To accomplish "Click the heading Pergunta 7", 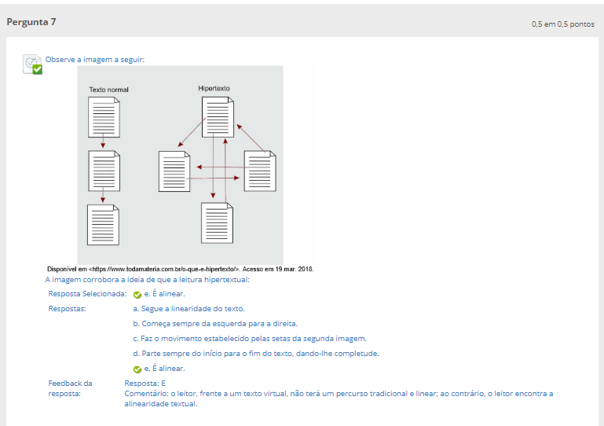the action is pyautogui.click(x=31, y=22).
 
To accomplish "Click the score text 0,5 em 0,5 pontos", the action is pyautogui.click(x=563, y=24).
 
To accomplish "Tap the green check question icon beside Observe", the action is pyautogui.click(x=32, y=64).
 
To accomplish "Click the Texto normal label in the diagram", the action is pyautogui.click(x=108, y=90).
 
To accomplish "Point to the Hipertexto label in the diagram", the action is pyautogui.click(x=214, y=88).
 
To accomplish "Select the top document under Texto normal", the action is pyautogui.click(x=104, y=117).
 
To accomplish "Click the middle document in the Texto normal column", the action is pyautogui.click(x=104, y=171).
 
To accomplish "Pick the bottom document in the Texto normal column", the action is pyautogui.click(x=103, y=225).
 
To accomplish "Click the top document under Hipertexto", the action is pyautogui.click(x=218, y=117).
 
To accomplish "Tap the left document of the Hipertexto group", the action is pyautogui.click(x=174, y=171).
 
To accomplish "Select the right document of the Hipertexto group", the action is pyautogui.click(x=260, y=171).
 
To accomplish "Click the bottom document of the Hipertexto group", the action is pyautogui.click(x=218, y=223).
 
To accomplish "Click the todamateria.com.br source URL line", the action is pyautogui.click(x=181, y=269).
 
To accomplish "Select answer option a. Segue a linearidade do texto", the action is pyautogui.click(x=189, y=309).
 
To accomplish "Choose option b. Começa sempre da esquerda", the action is pyautogui.click(x=215, y=324).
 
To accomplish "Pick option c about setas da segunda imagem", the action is pyautogui.click(x=250, y=339).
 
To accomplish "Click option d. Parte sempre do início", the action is pyautogui.click(x=256, y=354).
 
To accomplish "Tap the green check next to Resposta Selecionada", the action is pyautogui.click(x=137, y=295).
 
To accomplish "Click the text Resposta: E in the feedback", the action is pyautogui.click(x=145, y=384).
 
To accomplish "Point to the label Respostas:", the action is pyautogui.click(x=67, y=309).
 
